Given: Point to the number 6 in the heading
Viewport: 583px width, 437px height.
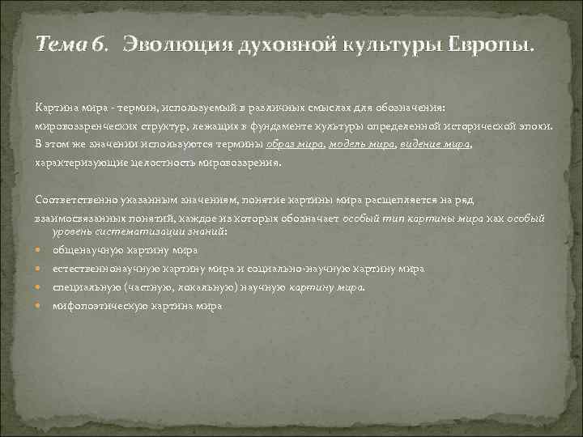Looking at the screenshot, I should tap(99, 44).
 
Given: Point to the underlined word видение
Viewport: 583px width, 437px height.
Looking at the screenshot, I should tap(423, 145).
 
